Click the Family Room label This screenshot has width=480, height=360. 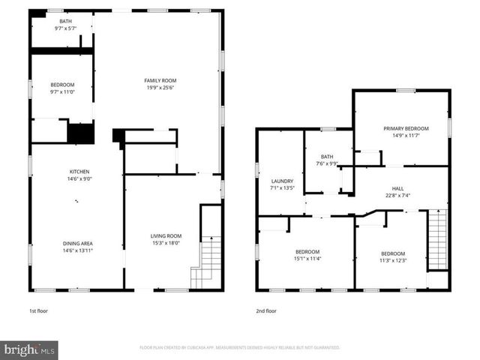pyautogui.click(x=160, y=80)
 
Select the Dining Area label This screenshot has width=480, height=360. pyautogui.click(x=77, y=242)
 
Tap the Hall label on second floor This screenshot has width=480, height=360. pyautogui.click(x=397, y=188)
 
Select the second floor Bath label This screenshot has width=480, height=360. pyautogui.click(x=327, y=156)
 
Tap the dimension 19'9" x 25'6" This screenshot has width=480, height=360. pyautogui.click(x=160, y=88)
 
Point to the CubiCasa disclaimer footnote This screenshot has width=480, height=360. pyautogui.click(x=240, y=348)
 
